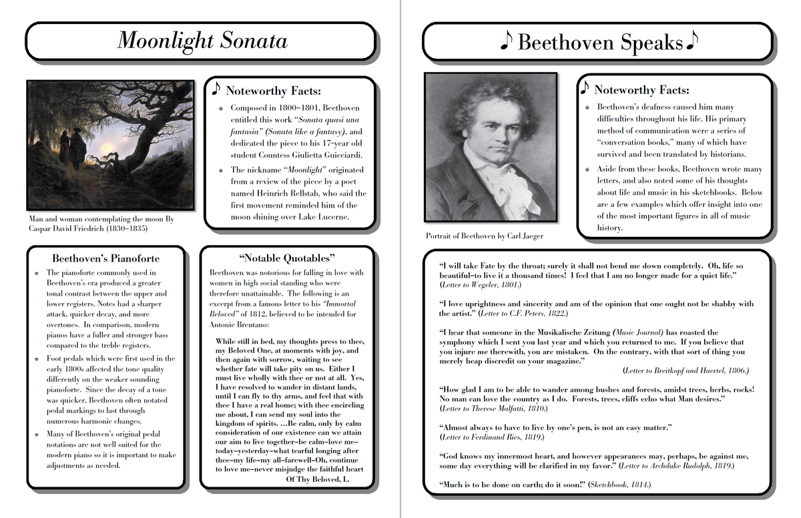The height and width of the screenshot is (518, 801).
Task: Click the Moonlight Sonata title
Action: click(202, 41)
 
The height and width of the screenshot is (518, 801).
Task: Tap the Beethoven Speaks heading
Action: click(600, 43)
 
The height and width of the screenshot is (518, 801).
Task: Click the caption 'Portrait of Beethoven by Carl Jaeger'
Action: click(485, 236)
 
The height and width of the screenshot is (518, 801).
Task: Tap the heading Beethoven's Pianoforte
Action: click(106, 258)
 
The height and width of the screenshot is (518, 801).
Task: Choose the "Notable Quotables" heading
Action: click(286, 258)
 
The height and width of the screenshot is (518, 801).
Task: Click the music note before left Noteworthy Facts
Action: click(215, 88)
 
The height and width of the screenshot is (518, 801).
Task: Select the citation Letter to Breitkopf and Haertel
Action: click(686, 370)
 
